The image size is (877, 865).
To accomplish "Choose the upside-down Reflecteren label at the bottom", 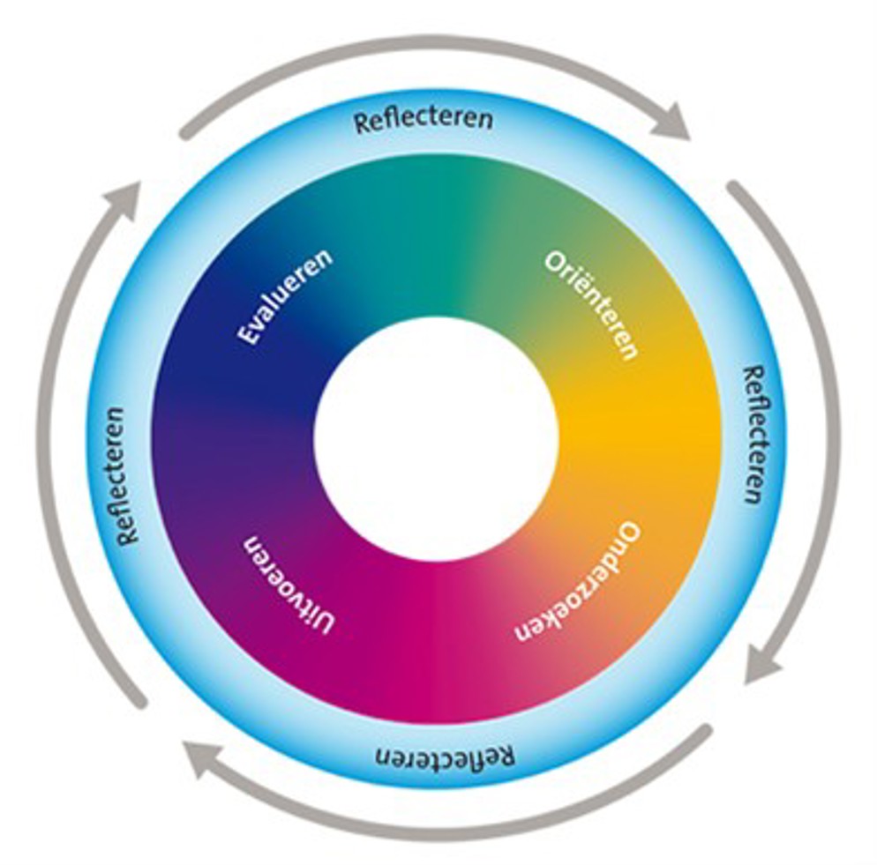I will (445, 757).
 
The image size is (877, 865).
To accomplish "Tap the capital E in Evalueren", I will (249, 337).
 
